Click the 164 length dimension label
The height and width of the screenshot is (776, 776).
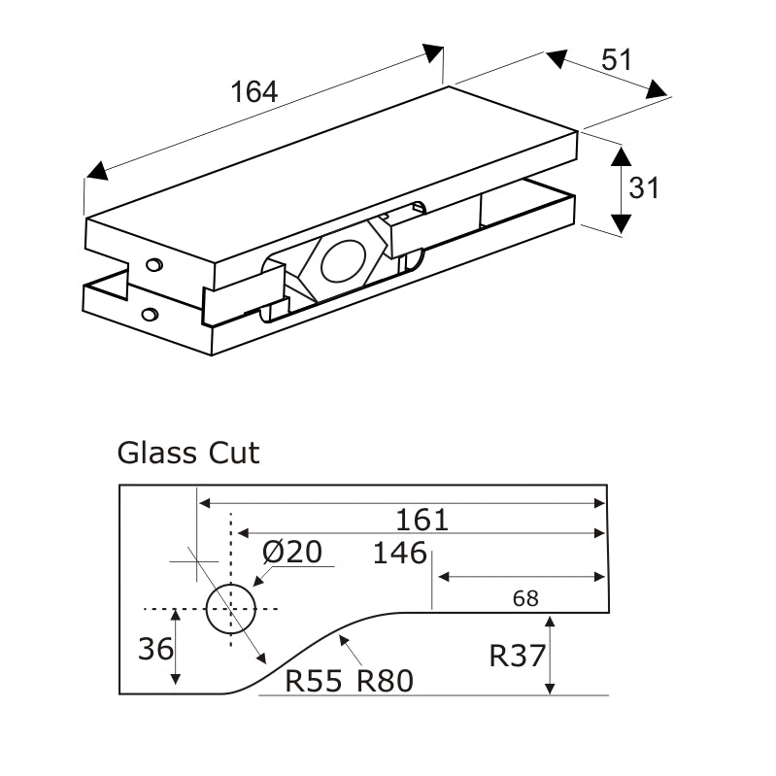tap(254, 92)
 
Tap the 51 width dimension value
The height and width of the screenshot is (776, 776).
tap(616, 59)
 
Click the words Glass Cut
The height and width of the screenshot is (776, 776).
tap(188, 453)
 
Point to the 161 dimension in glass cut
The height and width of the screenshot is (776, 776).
tap(422, 520)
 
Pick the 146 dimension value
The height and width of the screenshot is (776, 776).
tap(400, 553)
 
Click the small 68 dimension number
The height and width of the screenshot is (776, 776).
tap(524, 598)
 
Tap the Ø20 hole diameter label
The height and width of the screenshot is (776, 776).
tap(292, 552)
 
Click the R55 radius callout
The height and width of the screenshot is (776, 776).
tap(314, 682)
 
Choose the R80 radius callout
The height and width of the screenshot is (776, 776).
tap(385, 682)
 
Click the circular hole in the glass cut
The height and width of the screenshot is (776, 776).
tap(231, 609)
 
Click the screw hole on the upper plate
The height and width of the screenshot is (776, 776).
tap(153, 264)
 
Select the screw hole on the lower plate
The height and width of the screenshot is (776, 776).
tap(149, 313)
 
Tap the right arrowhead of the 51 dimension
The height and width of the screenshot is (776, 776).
tap(658, 90)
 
